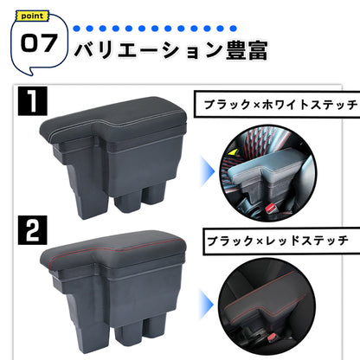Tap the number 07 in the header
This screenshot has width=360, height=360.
[x=38, y=42]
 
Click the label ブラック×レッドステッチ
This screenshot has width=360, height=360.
[x=270, y=236]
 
